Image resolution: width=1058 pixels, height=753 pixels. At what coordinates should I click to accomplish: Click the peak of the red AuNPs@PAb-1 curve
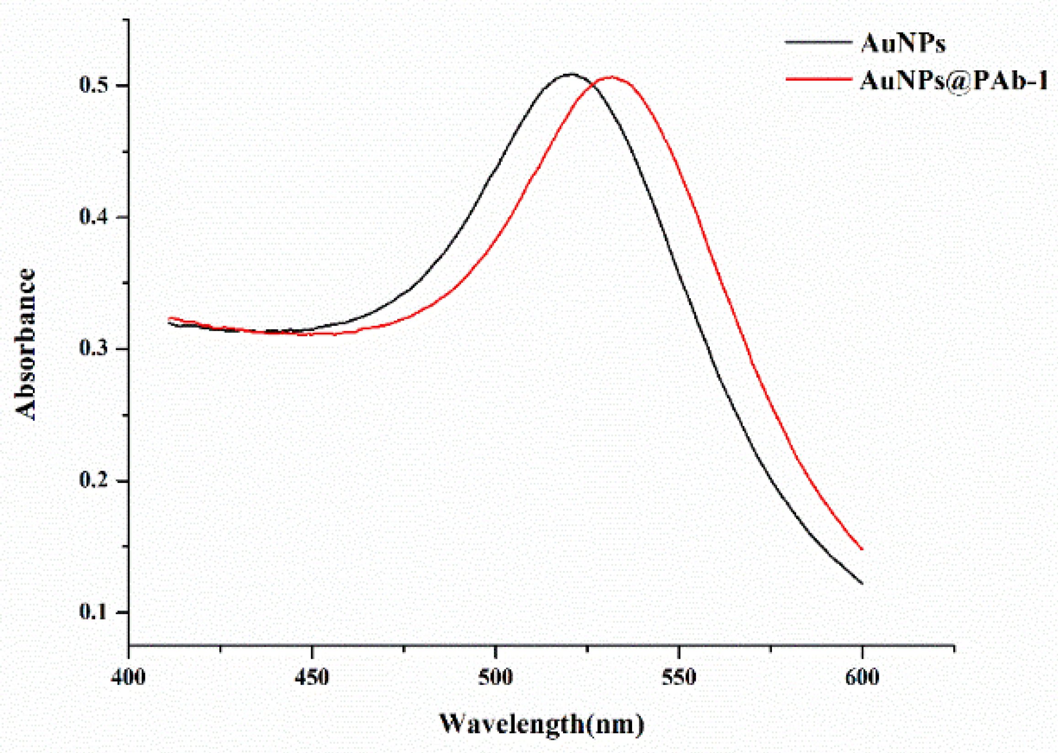(611, 77)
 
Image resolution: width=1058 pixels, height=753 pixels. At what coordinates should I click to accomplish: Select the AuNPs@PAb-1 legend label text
(953, 80)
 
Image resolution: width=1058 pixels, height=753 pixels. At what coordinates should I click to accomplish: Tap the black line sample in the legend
(819, 42)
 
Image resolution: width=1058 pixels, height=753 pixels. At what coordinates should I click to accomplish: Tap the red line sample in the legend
(819, 79)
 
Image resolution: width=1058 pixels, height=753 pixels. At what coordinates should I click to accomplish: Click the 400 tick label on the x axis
(128, 678)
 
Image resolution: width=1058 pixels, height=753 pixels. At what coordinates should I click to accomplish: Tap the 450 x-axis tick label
(312, 678)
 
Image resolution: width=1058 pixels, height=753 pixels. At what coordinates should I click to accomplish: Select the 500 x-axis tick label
(495, 678)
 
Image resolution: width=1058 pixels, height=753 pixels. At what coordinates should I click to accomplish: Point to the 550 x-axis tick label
(679, 678)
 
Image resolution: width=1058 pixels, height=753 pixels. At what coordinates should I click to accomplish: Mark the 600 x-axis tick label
(862, 678)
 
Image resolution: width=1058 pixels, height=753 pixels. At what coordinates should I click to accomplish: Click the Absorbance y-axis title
(26, 344)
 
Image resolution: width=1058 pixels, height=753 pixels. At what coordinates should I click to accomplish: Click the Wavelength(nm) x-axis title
(542, 724)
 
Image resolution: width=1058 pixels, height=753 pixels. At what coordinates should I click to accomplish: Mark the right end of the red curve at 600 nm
(861, 549)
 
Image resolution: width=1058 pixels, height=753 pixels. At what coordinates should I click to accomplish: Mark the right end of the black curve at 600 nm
(861, 583)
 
